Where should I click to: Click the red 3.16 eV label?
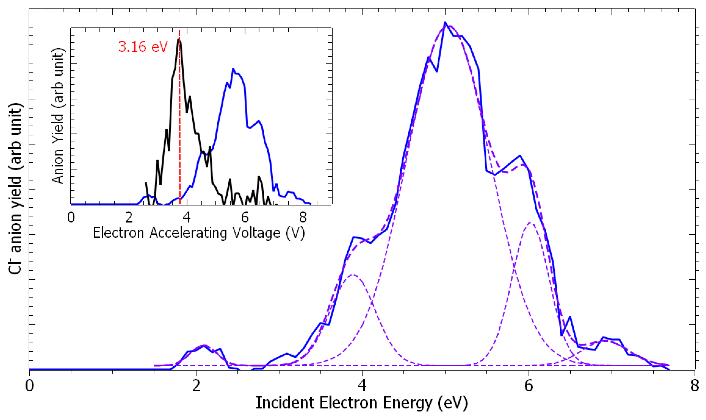[x=143, y=47]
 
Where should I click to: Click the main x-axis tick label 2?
[x=196, y=385]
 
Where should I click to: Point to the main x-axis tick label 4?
[x=362, y=385]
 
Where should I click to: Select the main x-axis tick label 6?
[x=529, y=385]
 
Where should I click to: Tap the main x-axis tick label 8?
[x=694, y=385]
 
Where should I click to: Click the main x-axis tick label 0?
[x=29, y=385]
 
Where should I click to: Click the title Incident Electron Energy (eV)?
[x=362, y=403]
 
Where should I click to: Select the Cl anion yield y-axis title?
[x=15, y=189]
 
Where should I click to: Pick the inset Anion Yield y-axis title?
[x=58, y=116]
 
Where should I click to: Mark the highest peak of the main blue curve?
[x=445, y=22]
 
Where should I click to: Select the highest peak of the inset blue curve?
[x=233, y=69]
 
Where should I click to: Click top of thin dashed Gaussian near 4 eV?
[x=353, y=275]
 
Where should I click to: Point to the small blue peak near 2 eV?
[x=204, y=346]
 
